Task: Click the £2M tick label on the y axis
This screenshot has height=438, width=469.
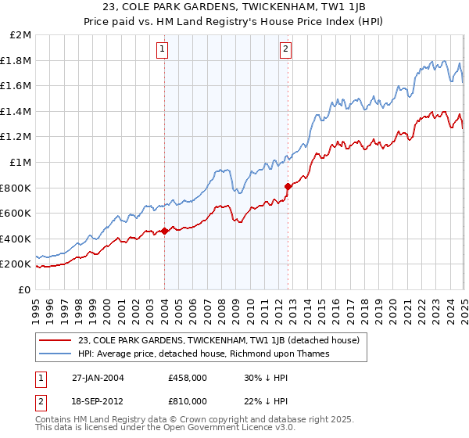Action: click(21, 35)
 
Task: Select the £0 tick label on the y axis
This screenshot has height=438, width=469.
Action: click(24, 289)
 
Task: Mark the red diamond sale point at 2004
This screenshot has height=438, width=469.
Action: click(165, 231)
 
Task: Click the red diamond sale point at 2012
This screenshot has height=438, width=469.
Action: click(288, 186)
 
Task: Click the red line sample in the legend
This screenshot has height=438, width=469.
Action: click(55, 340)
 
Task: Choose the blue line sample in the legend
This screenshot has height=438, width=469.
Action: click(55, 354)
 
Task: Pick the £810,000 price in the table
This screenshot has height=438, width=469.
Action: click(188, 400)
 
